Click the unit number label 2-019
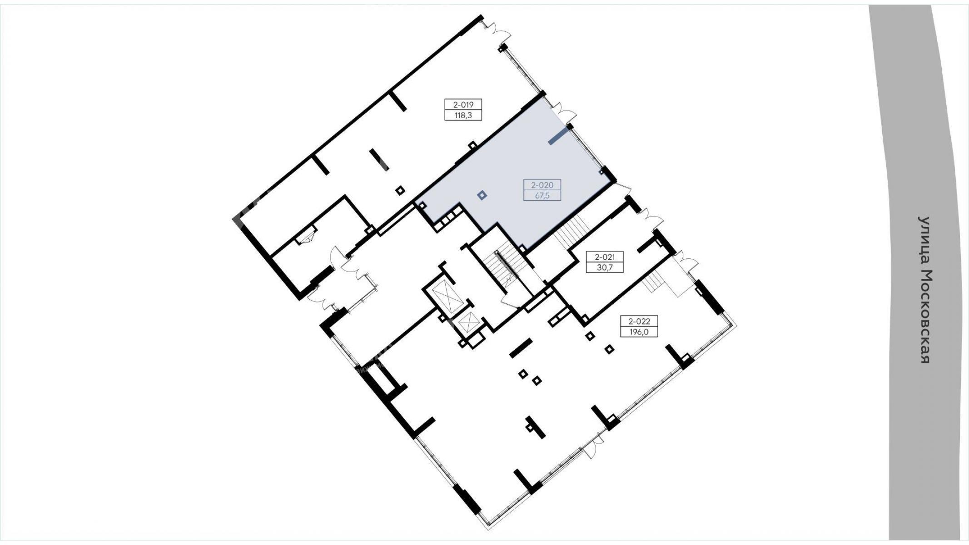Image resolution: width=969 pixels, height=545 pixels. [x=463, y=105]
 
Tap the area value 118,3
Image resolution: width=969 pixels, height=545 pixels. [x=463, y=115]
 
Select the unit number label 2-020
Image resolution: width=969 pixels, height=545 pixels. [x=542, y=185]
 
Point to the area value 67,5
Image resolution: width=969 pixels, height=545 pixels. [x=542, y=196]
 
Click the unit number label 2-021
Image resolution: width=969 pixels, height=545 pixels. [x=605, y=257]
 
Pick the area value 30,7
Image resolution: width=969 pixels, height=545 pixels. [x=605, y=268]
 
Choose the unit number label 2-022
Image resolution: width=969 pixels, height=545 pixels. [x=639, y=321]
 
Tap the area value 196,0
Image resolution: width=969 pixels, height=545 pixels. [x=639, y=332]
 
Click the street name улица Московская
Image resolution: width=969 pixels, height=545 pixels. [x=924, y=290]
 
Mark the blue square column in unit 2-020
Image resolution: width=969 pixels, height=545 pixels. [x=482, y=196]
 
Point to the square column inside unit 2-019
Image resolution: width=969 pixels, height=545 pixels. [x=400, y=190]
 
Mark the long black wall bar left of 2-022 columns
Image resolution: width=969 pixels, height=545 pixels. [x=521, y=348]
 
